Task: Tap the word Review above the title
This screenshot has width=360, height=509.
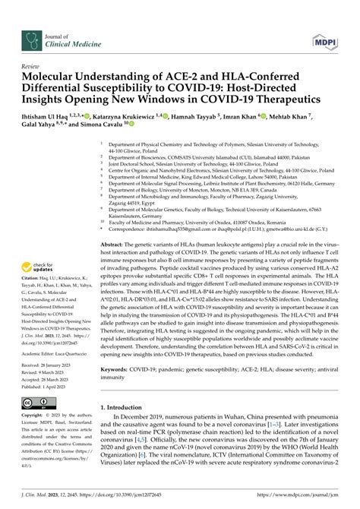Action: click(33, 65)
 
